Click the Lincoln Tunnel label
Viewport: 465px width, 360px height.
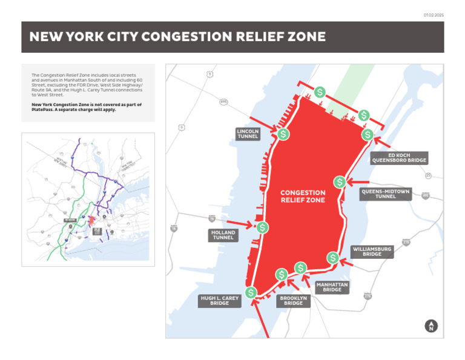[x=248, y=134]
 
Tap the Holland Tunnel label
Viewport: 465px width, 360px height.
[x=223, y=235]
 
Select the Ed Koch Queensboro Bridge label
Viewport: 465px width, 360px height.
[x=399, y=158]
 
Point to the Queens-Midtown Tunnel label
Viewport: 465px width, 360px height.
[x=386, y=194]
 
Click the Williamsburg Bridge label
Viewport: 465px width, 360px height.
[x=372, y=252]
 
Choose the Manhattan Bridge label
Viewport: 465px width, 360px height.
[x=332, y=287]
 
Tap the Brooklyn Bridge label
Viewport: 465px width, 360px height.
[x=293, y=301]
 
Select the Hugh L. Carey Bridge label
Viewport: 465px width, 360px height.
[x=220, y=301]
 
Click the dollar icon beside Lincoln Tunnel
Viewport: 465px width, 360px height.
[x=283, y=135]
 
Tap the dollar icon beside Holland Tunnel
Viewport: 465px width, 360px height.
[x=262, y=228]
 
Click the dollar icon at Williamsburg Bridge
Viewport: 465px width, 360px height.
[x=332, y=258]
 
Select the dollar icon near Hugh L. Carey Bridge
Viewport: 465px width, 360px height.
[x=251, y=293]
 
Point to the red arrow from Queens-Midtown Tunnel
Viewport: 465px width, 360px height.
[x=359, y=182]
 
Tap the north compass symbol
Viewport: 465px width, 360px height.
[x=431, y=326]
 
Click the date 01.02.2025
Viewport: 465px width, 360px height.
[x=434, y=15]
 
